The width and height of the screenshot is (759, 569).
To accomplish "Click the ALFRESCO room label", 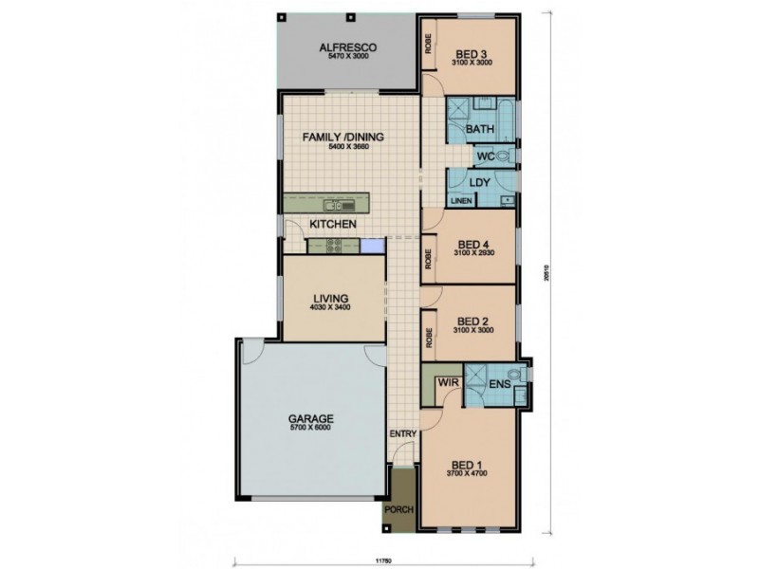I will tap(349, 46).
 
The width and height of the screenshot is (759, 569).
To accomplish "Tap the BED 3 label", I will tap(472, 53).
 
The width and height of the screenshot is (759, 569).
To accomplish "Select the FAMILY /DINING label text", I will tap(342, 138).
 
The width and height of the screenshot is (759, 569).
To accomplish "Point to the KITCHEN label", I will tap(333, 224).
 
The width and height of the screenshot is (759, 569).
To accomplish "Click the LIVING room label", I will tap(332, 297).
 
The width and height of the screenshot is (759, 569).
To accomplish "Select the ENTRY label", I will tap(402, 433).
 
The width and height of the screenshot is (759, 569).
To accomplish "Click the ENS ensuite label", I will tap(500, 385).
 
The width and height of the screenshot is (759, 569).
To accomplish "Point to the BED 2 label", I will tap(472, 320).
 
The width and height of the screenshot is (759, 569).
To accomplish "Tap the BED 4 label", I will tap(472, 241).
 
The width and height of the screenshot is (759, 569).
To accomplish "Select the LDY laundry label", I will tap(479, 181).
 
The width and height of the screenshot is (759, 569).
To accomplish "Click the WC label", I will tap(484, 156).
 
